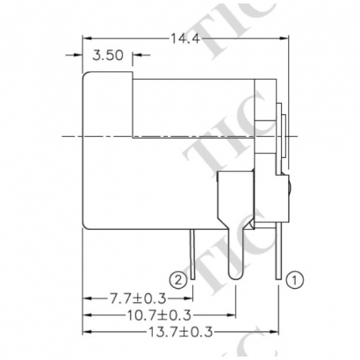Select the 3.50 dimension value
tap(109, 55)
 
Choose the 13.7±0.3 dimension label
tap(180, 332)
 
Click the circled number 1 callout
tap(296, 280)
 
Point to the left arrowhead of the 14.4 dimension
tap(88, 39)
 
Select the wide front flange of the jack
tap(107, 152)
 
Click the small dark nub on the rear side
tap(288, 186)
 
